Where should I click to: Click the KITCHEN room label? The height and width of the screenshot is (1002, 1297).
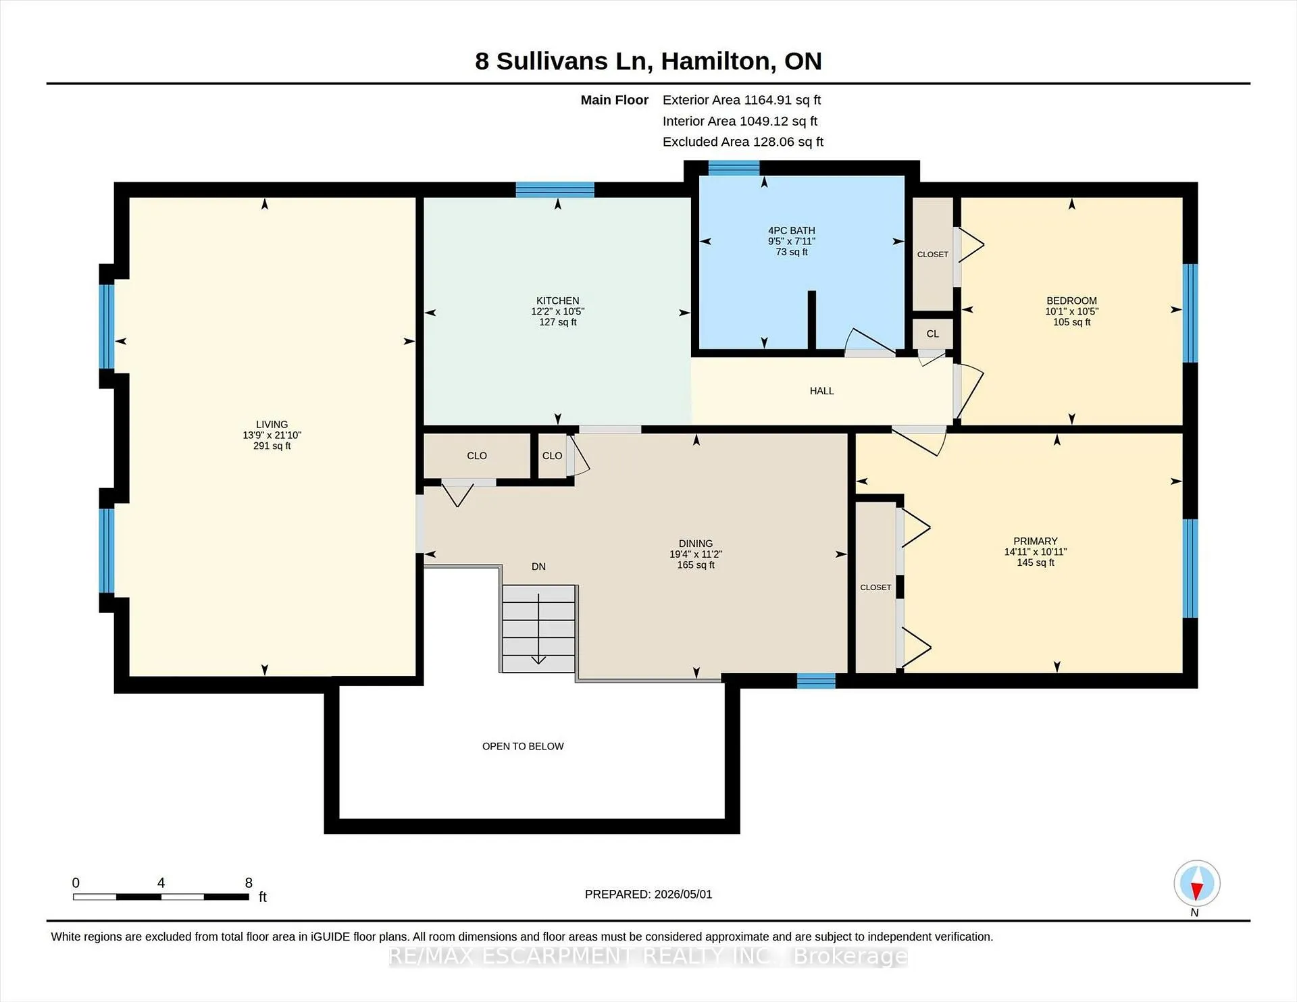click(x=557, y=300)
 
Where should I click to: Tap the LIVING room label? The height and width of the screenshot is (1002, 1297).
click(x=272, y=425)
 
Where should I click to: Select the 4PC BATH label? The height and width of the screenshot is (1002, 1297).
click(x=792, y=230)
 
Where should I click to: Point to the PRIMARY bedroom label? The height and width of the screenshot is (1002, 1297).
click(x=1036, y=541)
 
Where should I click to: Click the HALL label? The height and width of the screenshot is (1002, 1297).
click(x=821, y=391)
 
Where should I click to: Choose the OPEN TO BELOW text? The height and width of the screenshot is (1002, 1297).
click(x=523, y=746)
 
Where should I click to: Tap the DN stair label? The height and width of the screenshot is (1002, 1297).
click(x=538, y=566)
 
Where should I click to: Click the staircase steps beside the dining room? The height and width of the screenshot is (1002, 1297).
click(x=538, y=628)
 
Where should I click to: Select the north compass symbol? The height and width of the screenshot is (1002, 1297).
click(x=1196, y=883)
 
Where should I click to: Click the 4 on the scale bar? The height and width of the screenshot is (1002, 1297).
click(x=161, y=882)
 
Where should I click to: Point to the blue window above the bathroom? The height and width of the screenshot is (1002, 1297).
click(x=734, y=167)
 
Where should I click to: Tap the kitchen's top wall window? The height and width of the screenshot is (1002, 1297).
click(x=555, y=189)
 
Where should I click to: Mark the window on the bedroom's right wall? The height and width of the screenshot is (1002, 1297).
click(x=1190, y=313)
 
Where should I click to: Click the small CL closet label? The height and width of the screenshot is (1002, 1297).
click(x=932, y=334)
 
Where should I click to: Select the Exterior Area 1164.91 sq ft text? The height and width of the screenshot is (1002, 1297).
click(x=741, y=100)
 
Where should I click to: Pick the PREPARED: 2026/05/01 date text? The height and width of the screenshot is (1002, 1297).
click(x=648, y=894)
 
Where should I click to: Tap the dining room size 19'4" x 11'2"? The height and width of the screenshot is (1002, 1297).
click(x=696, y=554)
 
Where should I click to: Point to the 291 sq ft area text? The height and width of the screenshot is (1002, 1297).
click(x=272, y=446)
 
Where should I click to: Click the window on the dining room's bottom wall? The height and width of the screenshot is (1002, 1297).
click(x=816, y=681)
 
